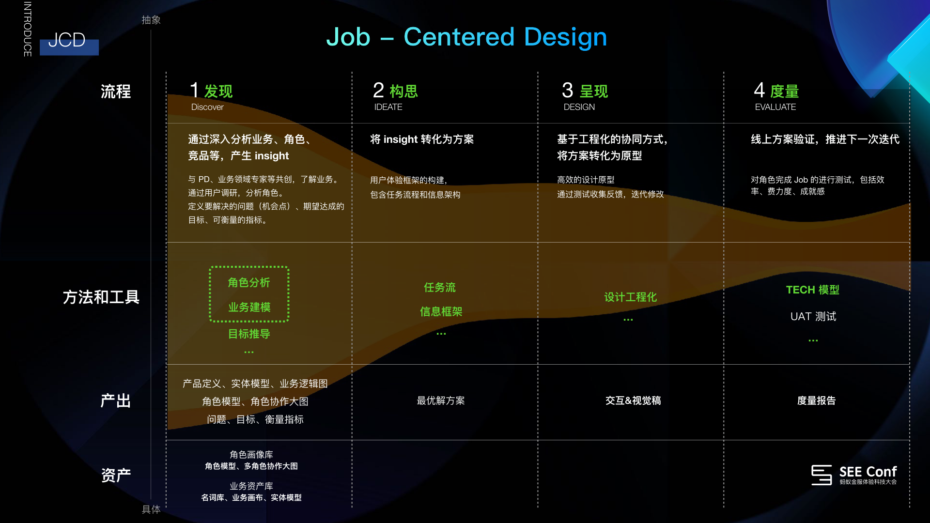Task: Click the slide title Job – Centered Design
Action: click(466, 37)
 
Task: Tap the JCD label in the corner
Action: click(67, 40)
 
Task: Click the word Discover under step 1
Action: click(207, 107)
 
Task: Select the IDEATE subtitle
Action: click(388, 107)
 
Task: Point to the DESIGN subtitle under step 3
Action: click(579, 107)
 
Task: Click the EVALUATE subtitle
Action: click(775, 107)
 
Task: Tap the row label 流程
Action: click(116, 92)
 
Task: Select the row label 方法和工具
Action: click(101, 297)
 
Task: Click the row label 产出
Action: click(116, 400)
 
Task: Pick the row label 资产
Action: click(116, 475)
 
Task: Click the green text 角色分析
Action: click(249, 283)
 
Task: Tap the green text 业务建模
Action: click(249, 307)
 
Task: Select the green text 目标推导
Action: click(249, 334)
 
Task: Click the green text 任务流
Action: click(440, 288)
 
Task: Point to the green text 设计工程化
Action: click(630, 297)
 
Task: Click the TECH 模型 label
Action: click(813, 290)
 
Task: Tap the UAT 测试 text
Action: click(813, 316)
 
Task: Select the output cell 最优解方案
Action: click(441, 400)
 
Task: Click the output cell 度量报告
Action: click(817, 400)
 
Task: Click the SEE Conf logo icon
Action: click(821, 475)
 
